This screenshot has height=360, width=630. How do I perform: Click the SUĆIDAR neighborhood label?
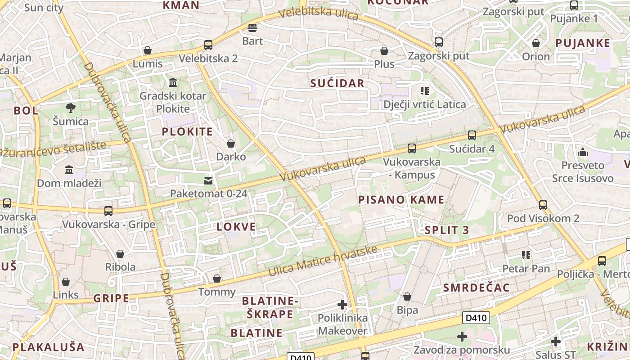[337, 83]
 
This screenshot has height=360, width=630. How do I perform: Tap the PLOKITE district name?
[187, 132]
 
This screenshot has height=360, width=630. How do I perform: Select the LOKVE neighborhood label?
[236, 227]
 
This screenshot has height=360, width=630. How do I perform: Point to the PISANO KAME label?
[401, 200]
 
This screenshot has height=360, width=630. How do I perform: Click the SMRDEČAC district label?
[476, 288]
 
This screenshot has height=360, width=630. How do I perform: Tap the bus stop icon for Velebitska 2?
[208, 45]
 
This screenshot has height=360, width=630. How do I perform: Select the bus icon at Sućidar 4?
[472, 135]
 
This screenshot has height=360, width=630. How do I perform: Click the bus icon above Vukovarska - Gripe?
[108, 211]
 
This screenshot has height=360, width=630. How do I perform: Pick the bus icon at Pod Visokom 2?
[543, 205]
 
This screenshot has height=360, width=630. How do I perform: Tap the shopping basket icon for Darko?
[231, 144]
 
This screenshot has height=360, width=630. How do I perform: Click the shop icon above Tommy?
[217, 279]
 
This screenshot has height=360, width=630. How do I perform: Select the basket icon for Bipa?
[407, 297]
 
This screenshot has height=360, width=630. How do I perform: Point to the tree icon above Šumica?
[70, 108]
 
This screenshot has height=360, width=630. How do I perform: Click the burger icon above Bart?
[252, 28]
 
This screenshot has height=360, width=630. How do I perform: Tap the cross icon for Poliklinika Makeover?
[342, 305]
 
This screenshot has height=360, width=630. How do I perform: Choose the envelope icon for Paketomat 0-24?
[208, 180]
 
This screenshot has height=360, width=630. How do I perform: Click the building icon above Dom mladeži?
[69, 170]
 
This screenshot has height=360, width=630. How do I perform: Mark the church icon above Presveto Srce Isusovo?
[583, 152]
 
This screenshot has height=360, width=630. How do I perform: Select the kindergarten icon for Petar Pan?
[526, 255]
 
